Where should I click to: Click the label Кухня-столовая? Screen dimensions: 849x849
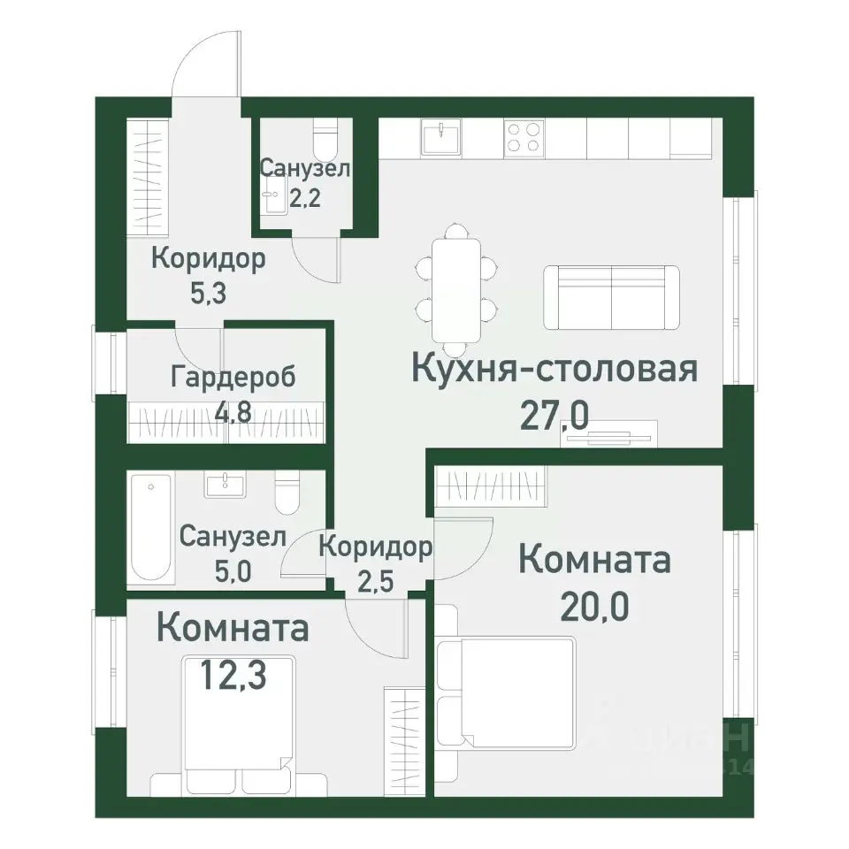pos(555,369)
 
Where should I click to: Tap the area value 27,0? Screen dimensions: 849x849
pos(555,414)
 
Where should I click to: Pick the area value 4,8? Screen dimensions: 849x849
pos(233,412)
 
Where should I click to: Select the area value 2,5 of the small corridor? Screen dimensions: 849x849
pos(375,583)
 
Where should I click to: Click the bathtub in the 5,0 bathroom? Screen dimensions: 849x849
pos(150,527)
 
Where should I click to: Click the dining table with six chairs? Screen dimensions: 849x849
pos(456,287)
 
